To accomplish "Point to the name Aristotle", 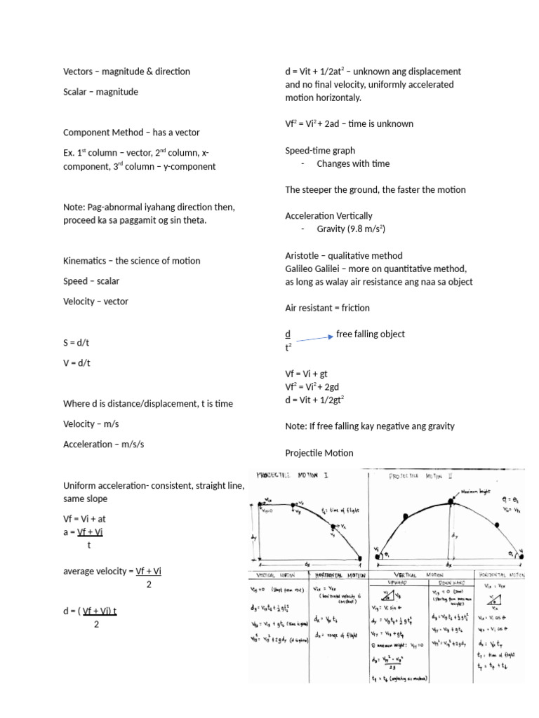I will (x=304, y=256).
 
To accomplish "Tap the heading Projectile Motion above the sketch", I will (x=319, y=452).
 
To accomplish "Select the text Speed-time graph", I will (x=320, y=150).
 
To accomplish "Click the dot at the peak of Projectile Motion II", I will (x=451, y=501).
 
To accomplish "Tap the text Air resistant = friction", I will (x=327, y=308).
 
